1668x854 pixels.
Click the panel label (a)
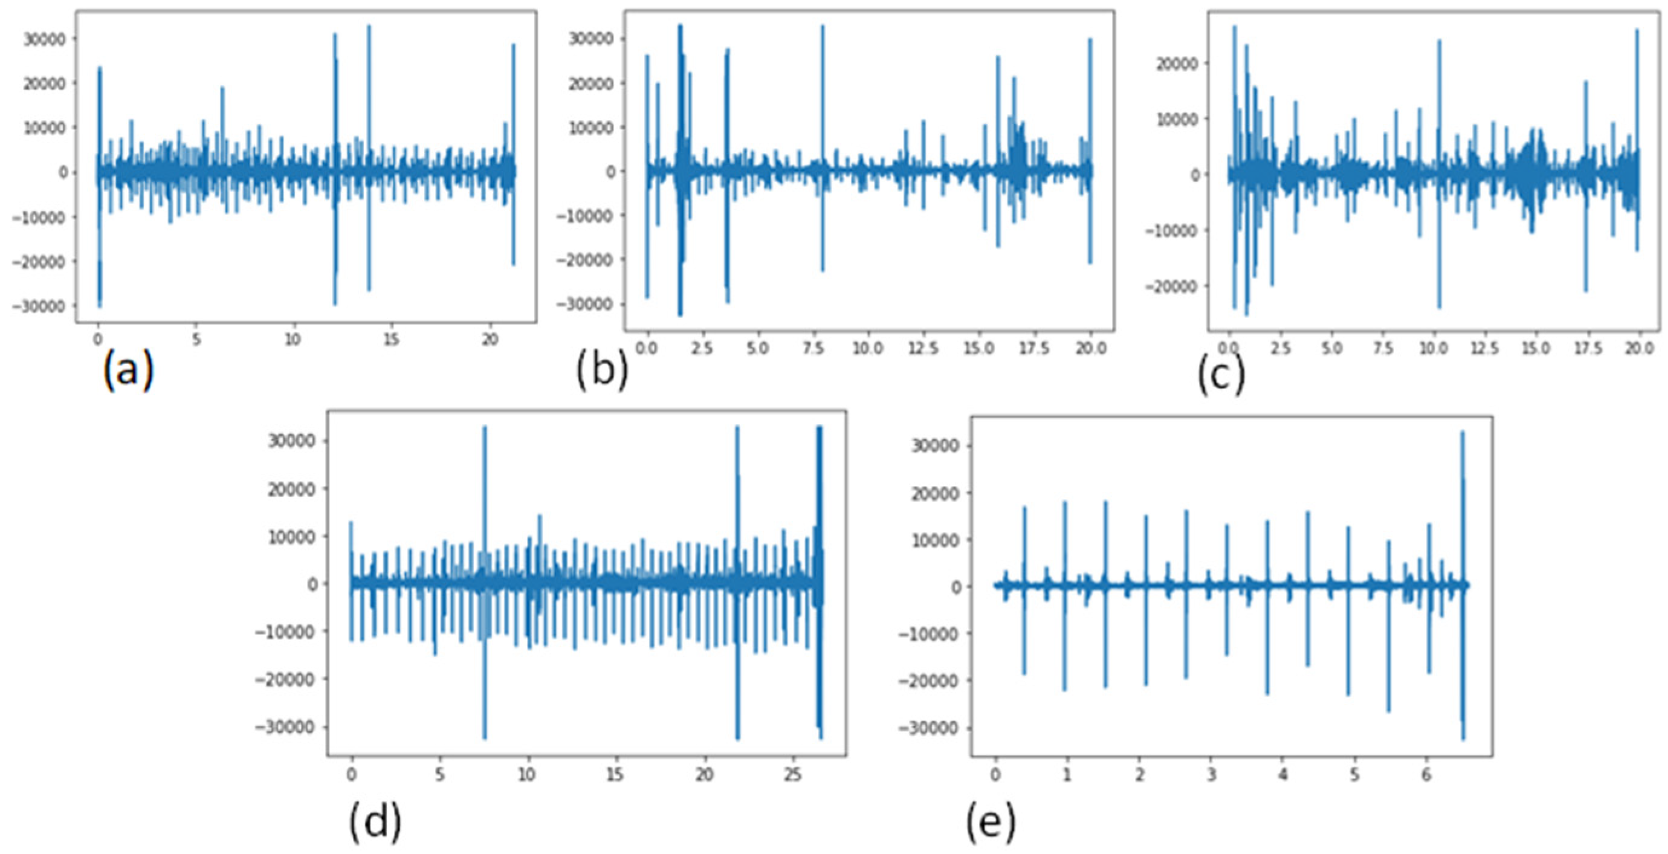click(x=128, y=371)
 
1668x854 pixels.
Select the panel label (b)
click(x=602, y=371)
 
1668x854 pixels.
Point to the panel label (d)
click(x=375, y=823)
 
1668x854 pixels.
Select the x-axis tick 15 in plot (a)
click(x=391, y=340)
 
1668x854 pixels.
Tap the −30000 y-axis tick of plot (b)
click(x=589, y=303)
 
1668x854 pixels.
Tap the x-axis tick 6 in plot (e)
click(x=1426, y=774)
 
